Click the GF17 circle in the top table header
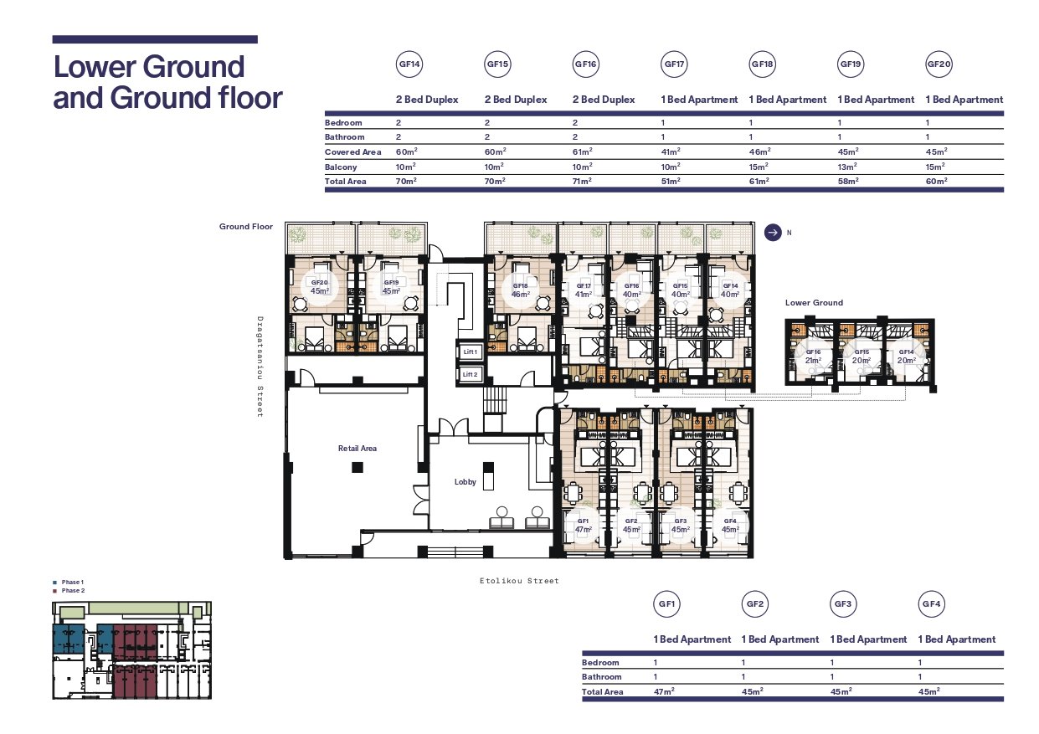coord(674,64)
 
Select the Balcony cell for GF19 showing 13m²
coord(847,167)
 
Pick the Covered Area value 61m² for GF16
coord(582,151)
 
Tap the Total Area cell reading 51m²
coord(671,181)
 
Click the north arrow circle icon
coord(773,233)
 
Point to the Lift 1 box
coord(470,352)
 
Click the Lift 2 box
coord(470,374)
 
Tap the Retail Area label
coord(357,449)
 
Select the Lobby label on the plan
coord(465,482)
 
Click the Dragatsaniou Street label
coord(260,367)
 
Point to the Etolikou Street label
coord(519,581)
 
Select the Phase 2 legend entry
coord(69,590)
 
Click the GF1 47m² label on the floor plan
coord(583,526)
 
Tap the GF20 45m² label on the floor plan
coord(320,287)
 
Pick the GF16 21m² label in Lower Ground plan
coord(813,356)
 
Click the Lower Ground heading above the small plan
coord(814,302)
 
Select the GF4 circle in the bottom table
coord(931,603)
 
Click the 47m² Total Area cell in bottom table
coord(664,691)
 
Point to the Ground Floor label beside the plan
coord(246,226)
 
